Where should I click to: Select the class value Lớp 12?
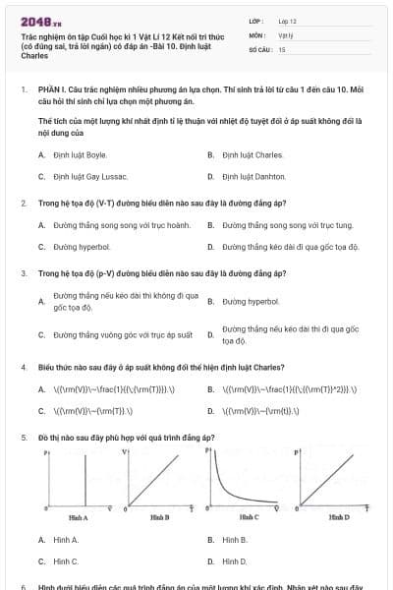(287, 20)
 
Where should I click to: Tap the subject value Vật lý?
(286, 34)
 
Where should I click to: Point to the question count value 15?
(282, 48)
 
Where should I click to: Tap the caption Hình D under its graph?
(338, 517)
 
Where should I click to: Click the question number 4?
(23, 367)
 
